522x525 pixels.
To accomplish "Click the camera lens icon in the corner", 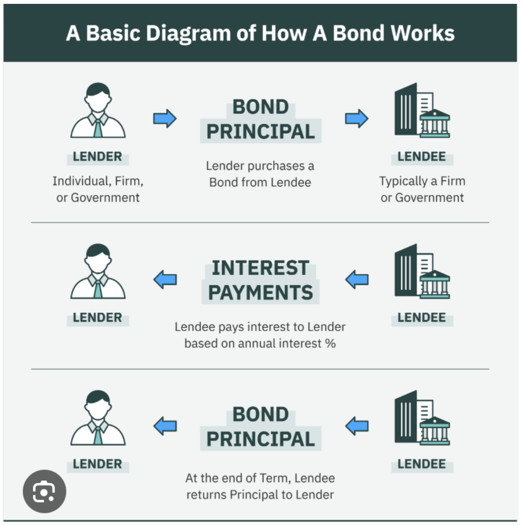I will [x=44, y=492].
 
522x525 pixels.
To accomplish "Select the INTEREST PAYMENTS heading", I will [x=261, y=280].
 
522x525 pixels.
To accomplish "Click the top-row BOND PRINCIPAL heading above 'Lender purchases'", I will [x=261, y=119].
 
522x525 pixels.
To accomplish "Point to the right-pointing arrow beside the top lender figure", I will [x=165, y=118].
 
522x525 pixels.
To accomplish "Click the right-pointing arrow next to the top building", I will [x=357, y=118].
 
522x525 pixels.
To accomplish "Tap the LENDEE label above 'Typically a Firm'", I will [x=422, y=157].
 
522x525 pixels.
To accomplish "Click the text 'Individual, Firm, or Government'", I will [x=98, y=189].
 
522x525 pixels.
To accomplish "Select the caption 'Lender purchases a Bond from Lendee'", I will [x=260, y=174].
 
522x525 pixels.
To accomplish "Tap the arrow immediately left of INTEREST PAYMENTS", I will [x=165, y=279].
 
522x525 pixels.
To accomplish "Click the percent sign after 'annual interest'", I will [x=330, y=344].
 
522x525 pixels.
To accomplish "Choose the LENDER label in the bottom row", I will [x=97, y=464].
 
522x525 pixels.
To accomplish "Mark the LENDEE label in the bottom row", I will [x=422, y=464].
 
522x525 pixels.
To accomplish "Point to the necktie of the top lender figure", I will [x=98, y=128].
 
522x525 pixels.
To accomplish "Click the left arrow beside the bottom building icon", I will [x=357, y=426].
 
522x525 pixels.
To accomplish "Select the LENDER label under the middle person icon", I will [x=97, y=318].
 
